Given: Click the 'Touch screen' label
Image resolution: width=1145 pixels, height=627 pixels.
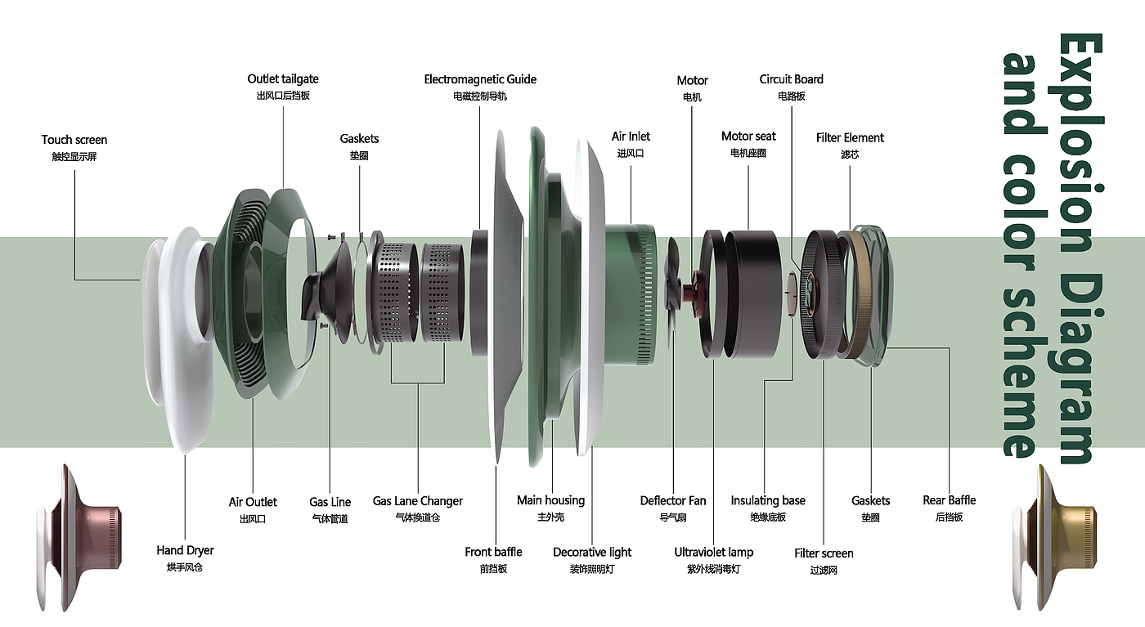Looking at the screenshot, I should pos(74,140).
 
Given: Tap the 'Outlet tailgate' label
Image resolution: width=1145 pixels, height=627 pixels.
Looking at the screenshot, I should pos(283,79).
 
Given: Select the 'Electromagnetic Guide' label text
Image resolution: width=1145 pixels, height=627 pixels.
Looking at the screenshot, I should pos(480,79).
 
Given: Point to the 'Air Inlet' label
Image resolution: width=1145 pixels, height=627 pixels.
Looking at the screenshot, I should pos(631,137).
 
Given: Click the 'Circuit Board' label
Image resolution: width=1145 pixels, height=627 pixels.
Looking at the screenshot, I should pos(791,79).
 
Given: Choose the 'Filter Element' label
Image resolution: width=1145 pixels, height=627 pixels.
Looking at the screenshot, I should pos(850,137).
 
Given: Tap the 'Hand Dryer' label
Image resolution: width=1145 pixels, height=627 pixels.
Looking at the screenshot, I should pos(185,550).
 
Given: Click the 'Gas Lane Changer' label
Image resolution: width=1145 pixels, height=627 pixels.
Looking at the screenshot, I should pos(417,501).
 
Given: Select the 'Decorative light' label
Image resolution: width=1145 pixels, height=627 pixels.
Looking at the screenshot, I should pos(592,552).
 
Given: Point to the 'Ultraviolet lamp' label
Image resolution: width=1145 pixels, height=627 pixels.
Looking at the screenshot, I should pos(713,552).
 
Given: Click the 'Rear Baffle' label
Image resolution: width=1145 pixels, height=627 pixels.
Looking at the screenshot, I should pos(949,500).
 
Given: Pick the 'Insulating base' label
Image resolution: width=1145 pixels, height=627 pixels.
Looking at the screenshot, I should pos(767,500).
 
